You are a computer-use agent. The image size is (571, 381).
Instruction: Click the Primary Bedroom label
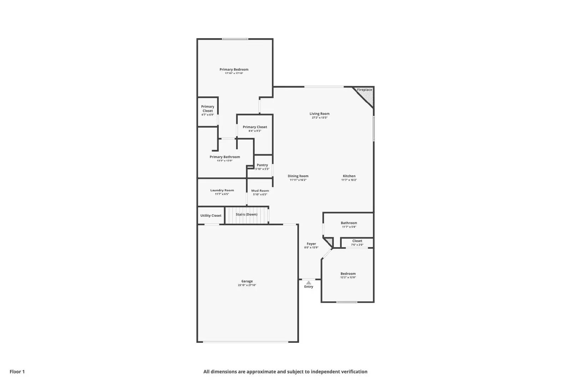[234, 69]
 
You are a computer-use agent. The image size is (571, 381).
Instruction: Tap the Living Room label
[319, 114]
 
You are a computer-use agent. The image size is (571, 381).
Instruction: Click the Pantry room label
[262, 165]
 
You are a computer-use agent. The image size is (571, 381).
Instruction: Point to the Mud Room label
[260, 191]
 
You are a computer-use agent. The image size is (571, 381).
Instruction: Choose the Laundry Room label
[222, 190]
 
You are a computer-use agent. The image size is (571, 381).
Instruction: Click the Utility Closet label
[211, 216]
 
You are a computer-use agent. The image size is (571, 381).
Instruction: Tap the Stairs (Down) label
[246, 215]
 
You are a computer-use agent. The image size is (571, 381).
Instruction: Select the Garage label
[247, 281]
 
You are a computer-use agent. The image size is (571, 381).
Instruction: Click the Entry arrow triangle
[309, 282]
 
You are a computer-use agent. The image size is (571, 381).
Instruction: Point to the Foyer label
[311, 244]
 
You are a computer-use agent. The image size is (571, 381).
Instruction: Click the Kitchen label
[349, 176]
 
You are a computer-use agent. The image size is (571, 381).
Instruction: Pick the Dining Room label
[298, 176]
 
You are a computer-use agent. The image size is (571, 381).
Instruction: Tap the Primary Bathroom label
[225, 157]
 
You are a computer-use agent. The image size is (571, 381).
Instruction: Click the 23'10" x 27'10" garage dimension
[247, 285]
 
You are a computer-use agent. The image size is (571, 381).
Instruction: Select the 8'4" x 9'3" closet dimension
[255, 131]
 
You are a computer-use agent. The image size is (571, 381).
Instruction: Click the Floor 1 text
[17, 372]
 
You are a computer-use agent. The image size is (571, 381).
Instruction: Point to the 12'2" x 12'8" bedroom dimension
[348, 277]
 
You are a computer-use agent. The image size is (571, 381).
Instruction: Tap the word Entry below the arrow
[309, 287]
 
